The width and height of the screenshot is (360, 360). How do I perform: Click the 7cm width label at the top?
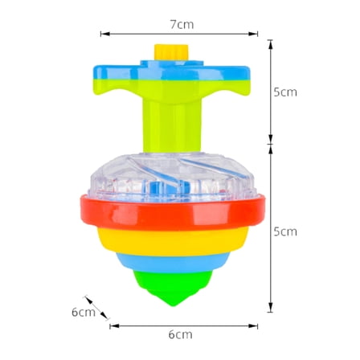coord(181,23)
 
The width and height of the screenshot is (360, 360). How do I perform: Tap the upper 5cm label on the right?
coord(284,92)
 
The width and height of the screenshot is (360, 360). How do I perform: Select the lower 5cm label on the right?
coord(284,231)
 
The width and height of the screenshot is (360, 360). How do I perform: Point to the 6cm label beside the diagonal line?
coord(84,312)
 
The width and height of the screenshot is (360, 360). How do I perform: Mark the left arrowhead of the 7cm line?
coord(103,34)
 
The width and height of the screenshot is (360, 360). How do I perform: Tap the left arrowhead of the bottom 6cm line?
coord(112,325)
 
